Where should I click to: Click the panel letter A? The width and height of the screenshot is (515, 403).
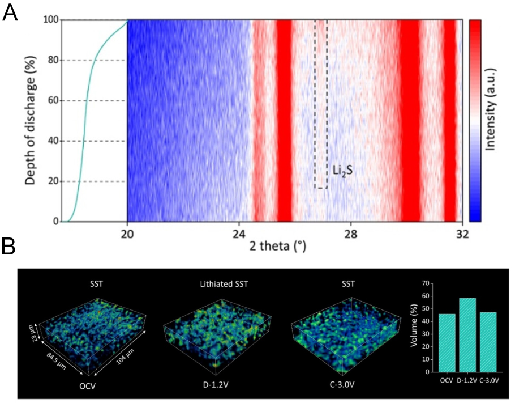pos(10,12)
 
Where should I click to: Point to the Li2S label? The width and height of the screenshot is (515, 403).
pos(341,168)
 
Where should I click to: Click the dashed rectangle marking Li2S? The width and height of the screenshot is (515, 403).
pos(321,105)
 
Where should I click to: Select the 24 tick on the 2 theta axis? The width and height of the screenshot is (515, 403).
pos(239,232)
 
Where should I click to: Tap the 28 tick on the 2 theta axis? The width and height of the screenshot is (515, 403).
pos(351,232)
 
